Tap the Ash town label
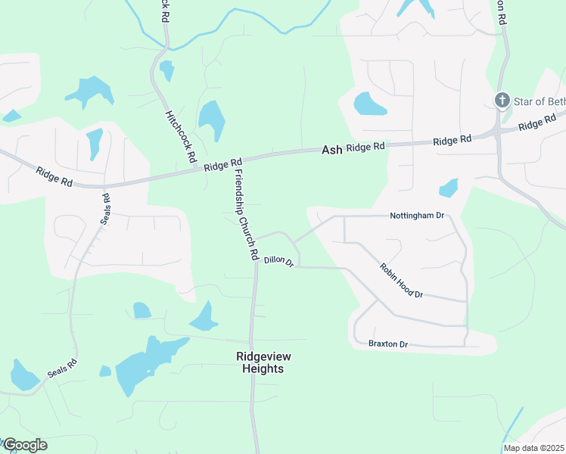click(331, 150)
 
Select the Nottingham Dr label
click(415, 216)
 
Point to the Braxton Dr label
click(388, 344)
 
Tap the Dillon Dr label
click(278, 261)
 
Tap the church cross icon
click(501, 100)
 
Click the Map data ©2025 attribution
click(533, 448)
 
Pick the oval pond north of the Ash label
click(369, 104)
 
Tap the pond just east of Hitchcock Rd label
click(212, 120)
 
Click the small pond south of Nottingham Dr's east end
click(449, 188)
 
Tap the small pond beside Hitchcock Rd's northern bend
click(166, 70)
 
